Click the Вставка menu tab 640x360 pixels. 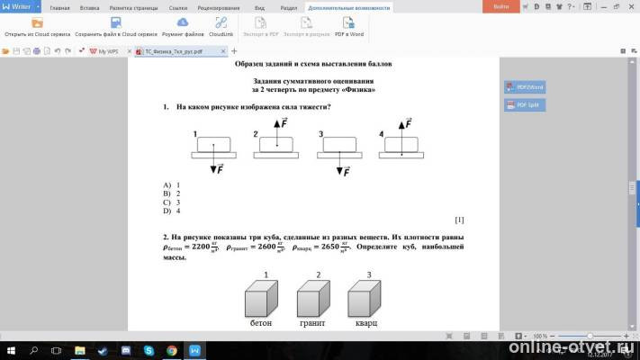(x=90, y=6)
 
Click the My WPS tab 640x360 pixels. (x=106, y=51)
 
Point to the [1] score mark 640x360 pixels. (x=459, y=220)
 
